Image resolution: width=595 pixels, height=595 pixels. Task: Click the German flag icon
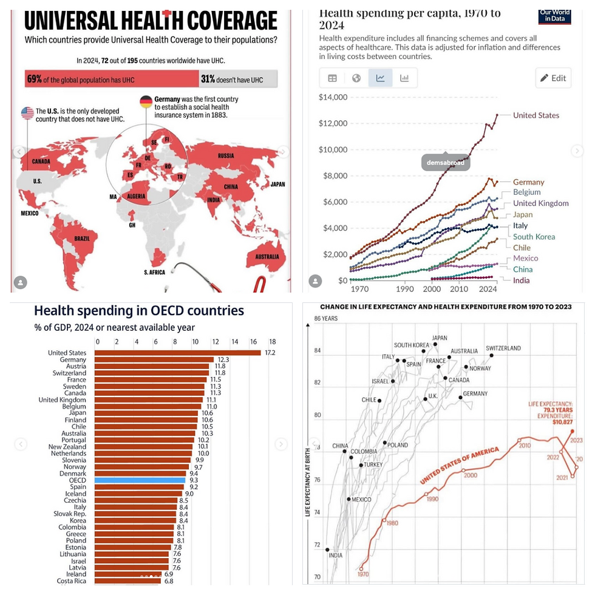click(146, 101)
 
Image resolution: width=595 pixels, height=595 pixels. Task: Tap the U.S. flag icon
click(27, 113)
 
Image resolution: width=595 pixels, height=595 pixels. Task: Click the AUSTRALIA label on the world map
click(266, 256)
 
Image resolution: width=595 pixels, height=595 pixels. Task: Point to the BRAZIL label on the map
click(81, 239)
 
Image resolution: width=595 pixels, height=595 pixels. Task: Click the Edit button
click(553, 78)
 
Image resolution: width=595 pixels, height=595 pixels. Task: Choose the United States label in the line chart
click(536, 115)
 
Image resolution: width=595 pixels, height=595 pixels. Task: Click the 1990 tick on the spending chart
click(404, 290)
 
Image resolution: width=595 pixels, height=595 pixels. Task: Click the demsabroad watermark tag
click(446, 163)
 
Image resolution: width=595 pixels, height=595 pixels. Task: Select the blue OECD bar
click(141, 480)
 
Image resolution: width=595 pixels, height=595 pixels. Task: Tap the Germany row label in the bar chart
click(73, 359)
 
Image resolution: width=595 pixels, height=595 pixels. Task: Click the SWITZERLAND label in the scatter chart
click(503, 348)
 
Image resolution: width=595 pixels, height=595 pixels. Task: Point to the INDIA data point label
click(335, 555)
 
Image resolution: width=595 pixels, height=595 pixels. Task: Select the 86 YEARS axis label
click(325, 318)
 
